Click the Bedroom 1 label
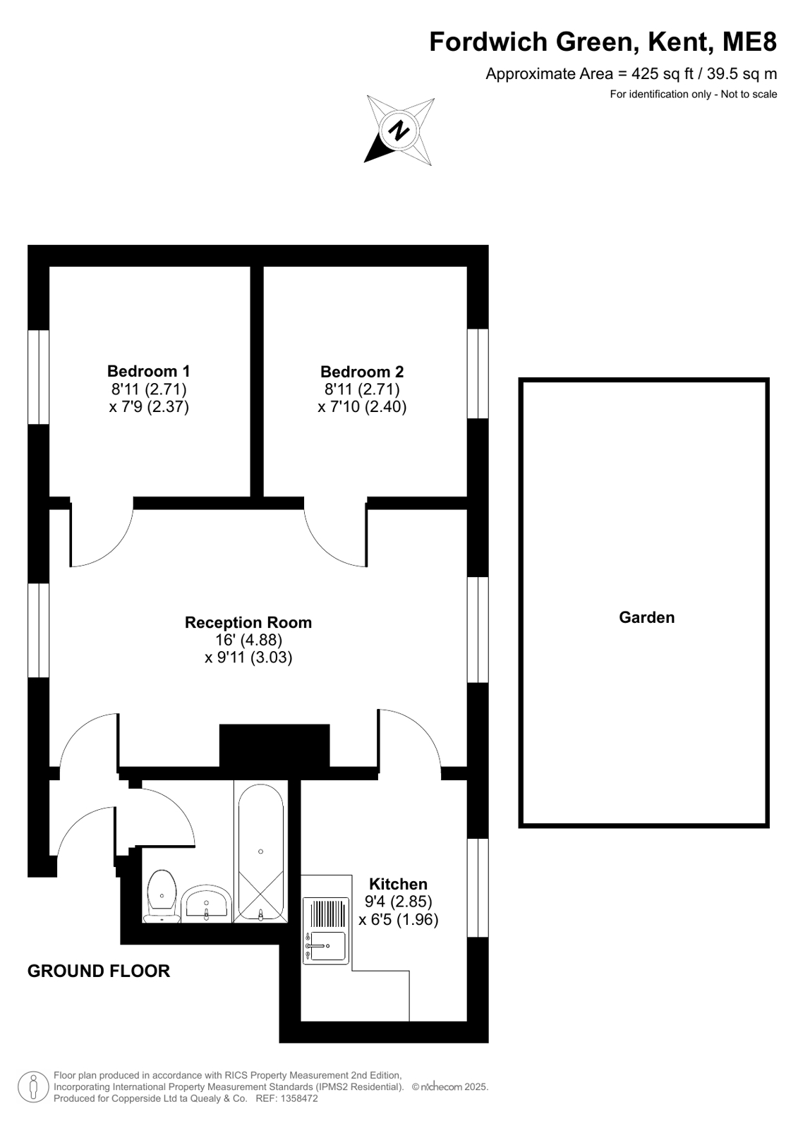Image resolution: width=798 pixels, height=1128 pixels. [149, 371]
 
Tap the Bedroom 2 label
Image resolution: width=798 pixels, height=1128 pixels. [362, 372]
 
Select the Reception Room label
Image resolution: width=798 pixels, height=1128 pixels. [248, 622]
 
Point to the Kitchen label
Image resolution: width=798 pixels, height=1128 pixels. [398, 884]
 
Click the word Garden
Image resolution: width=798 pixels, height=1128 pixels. [646, 617]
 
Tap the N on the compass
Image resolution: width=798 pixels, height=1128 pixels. [399, 131]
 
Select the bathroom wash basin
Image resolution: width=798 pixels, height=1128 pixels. [206, 904]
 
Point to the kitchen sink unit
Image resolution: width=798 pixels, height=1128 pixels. [326, 931]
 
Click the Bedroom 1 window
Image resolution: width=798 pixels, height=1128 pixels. [38, 377]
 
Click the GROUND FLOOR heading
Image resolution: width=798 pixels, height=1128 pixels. [99, 971]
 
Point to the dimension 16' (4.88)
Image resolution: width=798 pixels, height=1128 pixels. [248, 640]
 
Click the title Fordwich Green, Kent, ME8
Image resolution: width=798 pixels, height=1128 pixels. [603, 42]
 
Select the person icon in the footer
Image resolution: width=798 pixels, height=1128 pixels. [34, 1088]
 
